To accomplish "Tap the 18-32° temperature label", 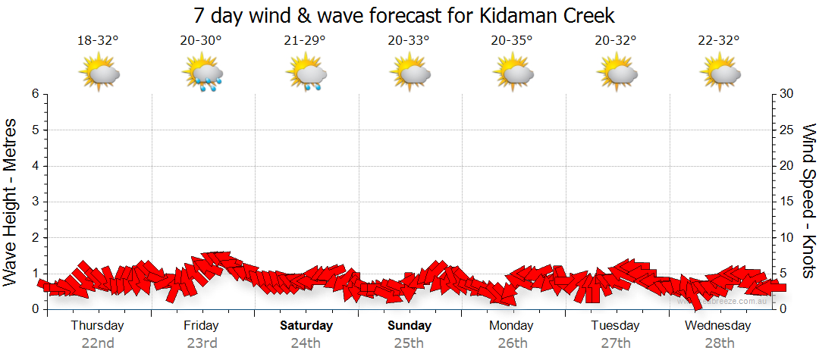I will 98,41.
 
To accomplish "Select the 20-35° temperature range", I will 512,41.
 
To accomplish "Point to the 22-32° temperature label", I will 719,41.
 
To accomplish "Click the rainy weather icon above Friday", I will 202,74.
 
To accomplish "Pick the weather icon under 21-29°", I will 306,74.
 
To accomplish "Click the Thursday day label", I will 98,326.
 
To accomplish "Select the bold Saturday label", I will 306,326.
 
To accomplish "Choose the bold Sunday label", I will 409,326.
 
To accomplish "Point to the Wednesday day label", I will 718,326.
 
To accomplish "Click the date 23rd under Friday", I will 202,343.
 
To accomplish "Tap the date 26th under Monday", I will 513,343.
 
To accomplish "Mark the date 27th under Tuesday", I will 616,343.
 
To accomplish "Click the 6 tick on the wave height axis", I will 35,94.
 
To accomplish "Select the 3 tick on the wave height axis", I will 35,202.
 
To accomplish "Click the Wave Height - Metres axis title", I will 11,202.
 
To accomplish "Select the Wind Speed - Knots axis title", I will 808,202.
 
